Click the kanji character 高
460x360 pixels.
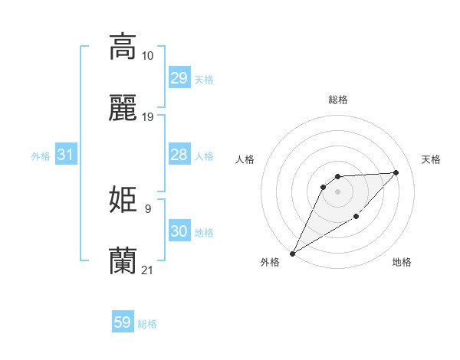pos(123,47)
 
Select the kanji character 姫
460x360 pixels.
pos(123,200)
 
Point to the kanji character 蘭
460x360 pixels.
pos(123,261)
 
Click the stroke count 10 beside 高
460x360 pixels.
pos(148,56)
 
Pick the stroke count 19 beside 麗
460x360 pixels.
pos(148,117)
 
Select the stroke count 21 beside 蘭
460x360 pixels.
pos(148,270)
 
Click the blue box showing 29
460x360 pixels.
pos(179,78)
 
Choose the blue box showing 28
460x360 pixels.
pos(179,155)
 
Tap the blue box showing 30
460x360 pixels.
pos(179,231)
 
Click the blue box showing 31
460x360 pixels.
pos(66,155)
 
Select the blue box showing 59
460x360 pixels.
pos(123,322)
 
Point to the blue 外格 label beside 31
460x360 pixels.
pos(41,156)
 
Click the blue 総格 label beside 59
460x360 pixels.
pos(147,324)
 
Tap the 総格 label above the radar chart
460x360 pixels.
pos(337,100)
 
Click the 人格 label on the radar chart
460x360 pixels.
pos(245,159)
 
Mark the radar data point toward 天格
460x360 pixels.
pos(396,172)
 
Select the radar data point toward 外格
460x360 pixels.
pos(292,254)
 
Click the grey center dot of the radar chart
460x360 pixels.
pos(337,191)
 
